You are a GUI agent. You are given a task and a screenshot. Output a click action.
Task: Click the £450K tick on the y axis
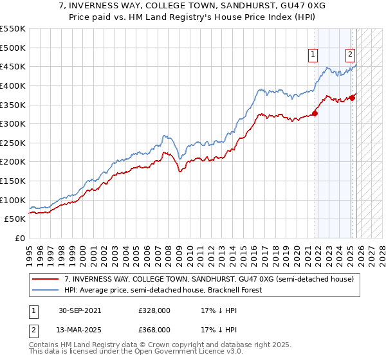tap(13, 66)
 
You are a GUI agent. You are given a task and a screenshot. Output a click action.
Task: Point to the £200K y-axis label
tap(13, 161)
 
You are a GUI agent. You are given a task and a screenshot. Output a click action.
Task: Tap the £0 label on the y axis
tap(20, 238)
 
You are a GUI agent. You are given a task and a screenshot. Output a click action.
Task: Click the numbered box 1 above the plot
tap(313, 55)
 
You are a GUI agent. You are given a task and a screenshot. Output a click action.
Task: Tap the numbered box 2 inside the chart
tap(351, 55)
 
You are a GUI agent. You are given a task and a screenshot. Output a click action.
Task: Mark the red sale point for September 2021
tap(315, 113)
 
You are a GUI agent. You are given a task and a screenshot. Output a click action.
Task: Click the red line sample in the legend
tap(46, 280)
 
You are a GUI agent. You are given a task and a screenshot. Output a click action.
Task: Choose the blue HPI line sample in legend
tap(46, 291)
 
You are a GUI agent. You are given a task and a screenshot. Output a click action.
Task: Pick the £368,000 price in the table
tap(154, 329)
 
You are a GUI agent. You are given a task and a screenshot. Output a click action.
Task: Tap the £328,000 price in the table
tap(154, 310)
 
